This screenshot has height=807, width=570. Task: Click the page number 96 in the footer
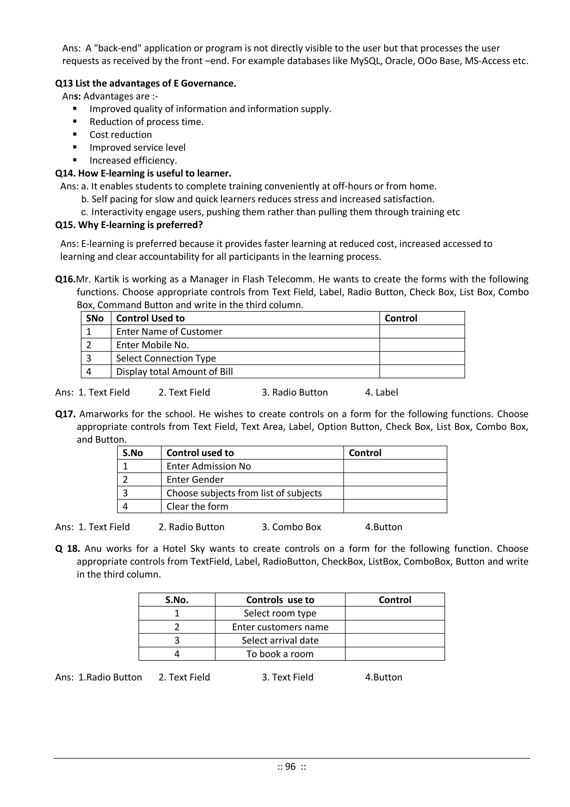290,766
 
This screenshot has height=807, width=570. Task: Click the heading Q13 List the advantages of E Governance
145,83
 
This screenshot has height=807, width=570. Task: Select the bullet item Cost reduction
121,135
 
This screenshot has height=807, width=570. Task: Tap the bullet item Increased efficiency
133,160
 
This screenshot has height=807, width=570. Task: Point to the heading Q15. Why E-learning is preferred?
129,225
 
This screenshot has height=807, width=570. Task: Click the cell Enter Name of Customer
169,331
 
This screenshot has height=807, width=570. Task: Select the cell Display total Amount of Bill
175,372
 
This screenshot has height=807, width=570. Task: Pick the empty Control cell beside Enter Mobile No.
422,345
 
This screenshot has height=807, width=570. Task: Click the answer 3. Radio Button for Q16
294,392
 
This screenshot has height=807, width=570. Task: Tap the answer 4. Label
381,392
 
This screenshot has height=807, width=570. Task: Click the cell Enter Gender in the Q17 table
195,479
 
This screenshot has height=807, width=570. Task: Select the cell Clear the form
197,506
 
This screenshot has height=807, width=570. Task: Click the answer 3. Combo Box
291,527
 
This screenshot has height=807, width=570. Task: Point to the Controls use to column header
280,600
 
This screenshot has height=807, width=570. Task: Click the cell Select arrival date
280,640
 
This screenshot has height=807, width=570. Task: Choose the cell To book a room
280,654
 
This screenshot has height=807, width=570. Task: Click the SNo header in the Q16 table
95,318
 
